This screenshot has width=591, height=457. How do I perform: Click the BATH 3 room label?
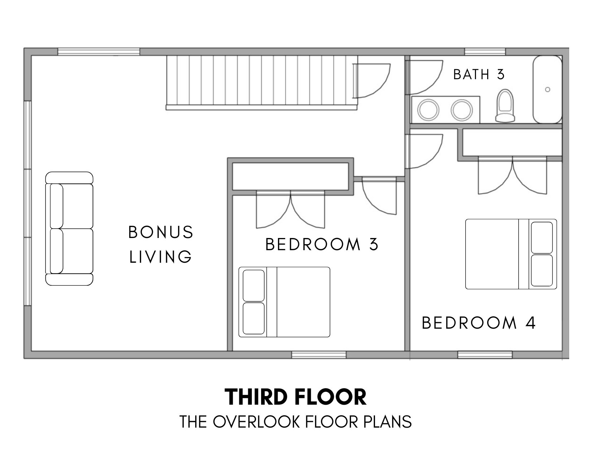[x=479, y=74]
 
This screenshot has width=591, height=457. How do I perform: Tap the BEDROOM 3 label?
[x=322, y=244]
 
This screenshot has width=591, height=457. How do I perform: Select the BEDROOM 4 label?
[x=479, y=323]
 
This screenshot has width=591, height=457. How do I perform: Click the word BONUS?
[x=161, y=232]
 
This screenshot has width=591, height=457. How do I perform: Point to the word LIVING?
[x=160, y=257]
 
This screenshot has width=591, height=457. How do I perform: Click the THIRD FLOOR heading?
[x=295, y=397]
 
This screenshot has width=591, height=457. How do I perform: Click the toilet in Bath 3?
[x=505, y=106]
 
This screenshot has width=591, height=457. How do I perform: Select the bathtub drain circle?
[x=548, y=90]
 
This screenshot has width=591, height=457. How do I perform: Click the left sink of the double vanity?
[x=428, y=110]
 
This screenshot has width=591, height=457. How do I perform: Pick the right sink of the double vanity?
[x=462, y=110]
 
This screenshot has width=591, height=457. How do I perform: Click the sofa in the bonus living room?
[x=69, y=229]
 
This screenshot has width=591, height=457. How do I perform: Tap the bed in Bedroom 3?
[x=284, y=302]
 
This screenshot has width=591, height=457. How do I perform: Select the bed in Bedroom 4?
[x=511, y=254]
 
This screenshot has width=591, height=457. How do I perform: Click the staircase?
[x=261, y=83]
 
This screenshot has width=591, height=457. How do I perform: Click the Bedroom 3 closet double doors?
[x=290, y=210]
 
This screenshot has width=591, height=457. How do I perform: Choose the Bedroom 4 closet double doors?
[x=513, y=176]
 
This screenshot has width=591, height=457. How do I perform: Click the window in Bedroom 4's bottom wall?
[x=485, y=354]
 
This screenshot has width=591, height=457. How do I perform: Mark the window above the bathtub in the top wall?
[x=485, y=52]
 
